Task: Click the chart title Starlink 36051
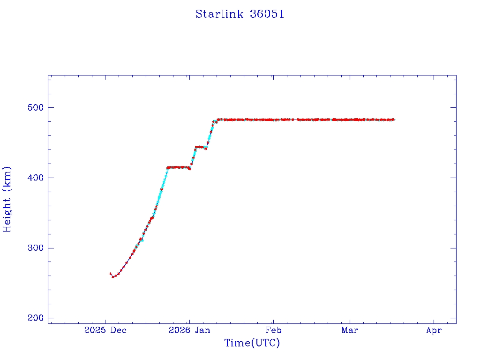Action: (240, 14)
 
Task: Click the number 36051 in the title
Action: (267, 14)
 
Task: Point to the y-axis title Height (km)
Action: (7, 199)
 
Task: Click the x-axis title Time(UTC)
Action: (252, 343)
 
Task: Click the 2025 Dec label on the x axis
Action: (105, 330)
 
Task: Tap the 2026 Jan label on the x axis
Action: (189, 330)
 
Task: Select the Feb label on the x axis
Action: (274, 330)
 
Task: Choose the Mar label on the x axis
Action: (350, 330)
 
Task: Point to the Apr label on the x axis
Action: (434, 330)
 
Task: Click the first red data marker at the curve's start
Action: (111, 274)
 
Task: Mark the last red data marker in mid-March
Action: (393, 120)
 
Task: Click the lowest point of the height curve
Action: (113, 277)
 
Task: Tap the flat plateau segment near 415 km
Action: (178, 167)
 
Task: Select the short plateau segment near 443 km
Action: (200, 147)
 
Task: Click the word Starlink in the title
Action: (219, 14)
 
